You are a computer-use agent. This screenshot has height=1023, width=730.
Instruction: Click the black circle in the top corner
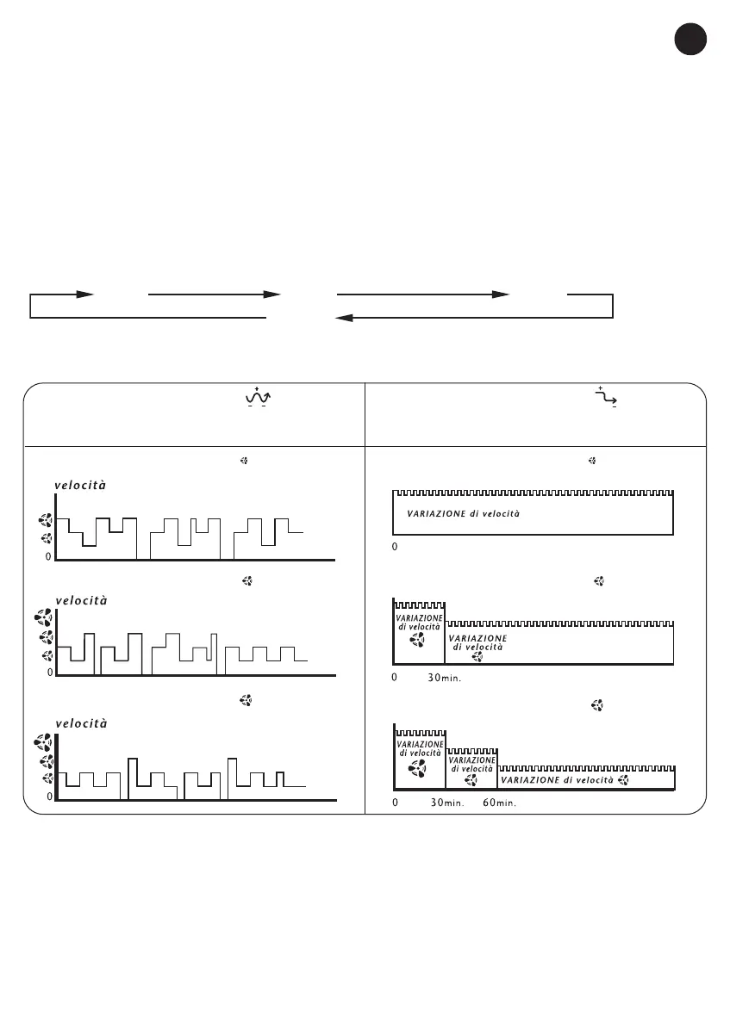[x=690, y=40]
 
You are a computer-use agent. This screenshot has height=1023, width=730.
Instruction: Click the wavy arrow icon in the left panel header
[x=258, y=397]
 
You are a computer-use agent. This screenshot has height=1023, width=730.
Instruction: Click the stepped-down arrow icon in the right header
[x=605, y=397]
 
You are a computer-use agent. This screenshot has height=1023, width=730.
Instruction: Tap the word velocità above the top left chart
[x=80, y=485]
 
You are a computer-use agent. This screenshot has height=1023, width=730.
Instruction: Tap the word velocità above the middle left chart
[x=81, y=600]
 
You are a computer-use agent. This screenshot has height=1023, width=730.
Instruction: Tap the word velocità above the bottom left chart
[x=81, y=723]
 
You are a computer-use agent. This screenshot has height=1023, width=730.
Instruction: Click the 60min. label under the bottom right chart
[x=499, y=803]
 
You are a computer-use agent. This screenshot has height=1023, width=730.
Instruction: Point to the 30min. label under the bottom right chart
[x=446, y=803]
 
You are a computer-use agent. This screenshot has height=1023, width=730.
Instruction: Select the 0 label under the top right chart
[x=395, y=547]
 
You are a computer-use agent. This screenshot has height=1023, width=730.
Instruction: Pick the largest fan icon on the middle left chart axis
[x=46, y=617]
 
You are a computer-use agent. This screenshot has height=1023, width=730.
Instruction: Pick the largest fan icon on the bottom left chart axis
[x=46, y=741]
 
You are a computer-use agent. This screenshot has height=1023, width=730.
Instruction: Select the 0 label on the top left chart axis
[x=49, y=556]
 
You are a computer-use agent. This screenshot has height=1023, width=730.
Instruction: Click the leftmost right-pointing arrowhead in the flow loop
[x=84, y=294]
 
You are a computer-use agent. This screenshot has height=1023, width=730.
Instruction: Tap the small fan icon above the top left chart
[x=244, y=462]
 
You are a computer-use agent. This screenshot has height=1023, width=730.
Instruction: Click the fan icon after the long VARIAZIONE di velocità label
[x=624, y=780]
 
